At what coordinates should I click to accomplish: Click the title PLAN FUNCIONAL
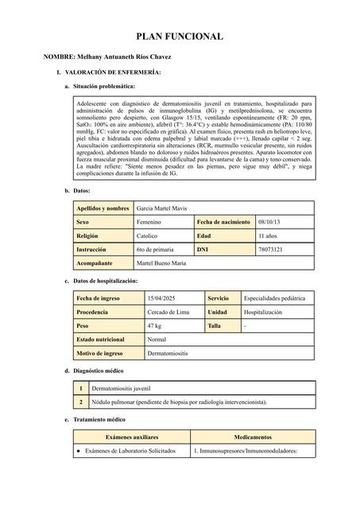click(x=180, y=37)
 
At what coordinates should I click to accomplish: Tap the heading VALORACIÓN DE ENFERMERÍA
click(x=108, y=72)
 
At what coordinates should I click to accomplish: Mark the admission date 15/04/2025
click(x=161, y=297)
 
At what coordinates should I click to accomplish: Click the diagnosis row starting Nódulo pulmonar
click(x=180, y=402)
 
